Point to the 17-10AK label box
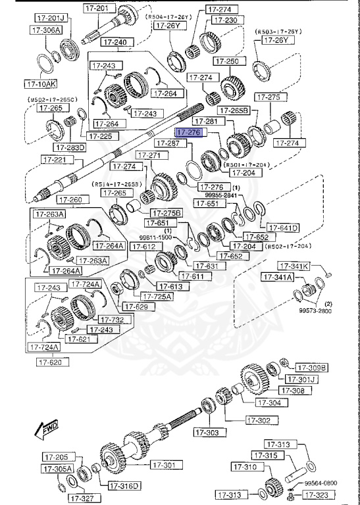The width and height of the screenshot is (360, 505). click(x=41, y=84)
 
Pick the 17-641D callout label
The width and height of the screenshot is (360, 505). click(x=284, y=228)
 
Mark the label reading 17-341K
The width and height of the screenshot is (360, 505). click(x=293, y=266)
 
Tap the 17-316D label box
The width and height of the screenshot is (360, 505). click(x=124, y=486)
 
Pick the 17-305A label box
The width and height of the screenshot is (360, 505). click(x=57, y=469)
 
